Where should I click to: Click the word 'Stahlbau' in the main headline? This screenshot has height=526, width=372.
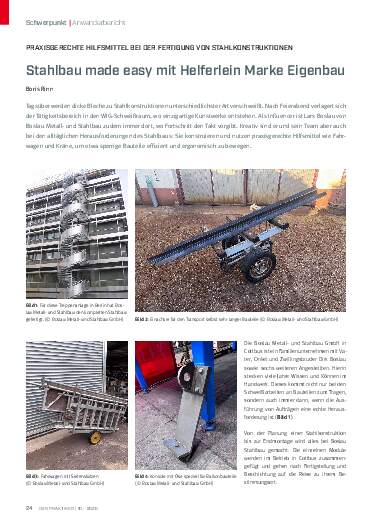(56, 72)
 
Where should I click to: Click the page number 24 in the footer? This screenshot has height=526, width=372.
(30, 512)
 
